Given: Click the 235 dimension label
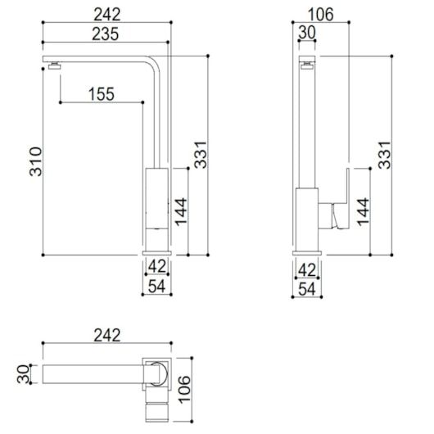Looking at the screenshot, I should (x=105, y=34).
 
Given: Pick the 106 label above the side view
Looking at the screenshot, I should (x=322, y=14).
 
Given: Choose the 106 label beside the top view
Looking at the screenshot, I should (x=184, y=385).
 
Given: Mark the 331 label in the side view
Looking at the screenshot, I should (x=384, y=155).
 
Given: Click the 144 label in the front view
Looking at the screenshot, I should (x=181, y=212).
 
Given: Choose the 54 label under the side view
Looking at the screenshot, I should (x=306, y=288).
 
